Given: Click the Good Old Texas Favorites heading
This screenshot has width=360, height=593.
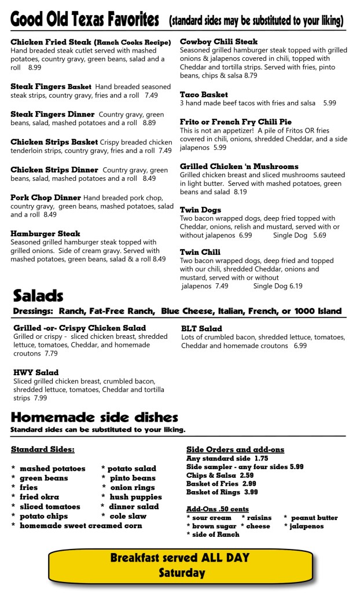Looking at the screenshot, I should click(85, 20).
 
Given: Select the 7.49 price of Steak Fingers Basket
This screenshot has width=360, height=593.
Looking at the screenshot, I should click(151, 95).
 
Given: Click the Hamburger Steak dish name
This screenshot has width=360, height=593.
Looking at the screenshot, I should click(45, 234).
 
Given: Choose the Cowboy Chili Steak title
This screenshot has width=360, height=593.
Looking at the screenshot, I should click(219, 42).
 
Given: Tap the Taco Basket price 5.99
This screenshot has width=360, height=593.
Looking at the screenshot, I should click(329, 103).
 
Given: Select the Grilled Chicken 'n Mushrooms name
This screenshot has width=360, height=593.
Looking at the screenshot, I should click(239, 166).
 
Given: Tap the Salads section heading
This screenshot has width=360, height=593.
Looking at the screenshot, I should click(38, 296).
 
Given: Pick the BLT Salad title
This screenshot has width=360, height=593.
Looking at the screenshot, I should click(201, 328).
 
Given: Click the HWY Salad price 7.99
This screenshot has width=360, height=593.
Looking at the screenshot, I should click(40, 398).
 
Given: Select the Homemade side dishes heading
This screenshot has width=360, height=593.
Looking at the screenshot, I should click(94, 418).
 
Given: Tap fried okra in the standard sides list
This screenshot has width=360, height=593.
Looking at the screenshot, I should click(39, 497).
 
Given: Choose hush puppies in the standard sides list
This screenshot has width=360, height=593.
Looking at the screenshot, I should click(135, 497).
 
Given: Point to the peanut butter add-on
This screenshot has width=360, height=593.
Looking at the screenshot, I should click(314, 518).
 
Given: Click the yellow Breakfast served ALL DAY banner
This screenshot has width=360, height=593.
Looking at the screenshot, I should click(181, 565).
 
